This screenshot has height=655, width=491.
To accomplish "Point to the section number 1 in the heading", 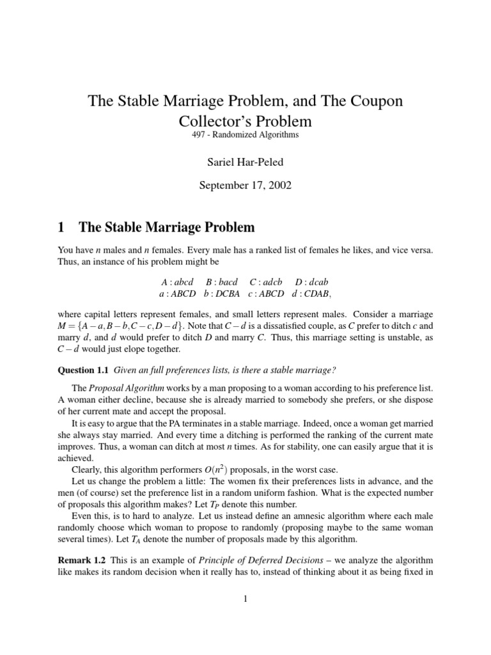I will (x=62, y=227).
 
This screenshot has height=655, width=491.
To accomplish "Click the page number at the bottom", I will (x=245, y=599).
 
